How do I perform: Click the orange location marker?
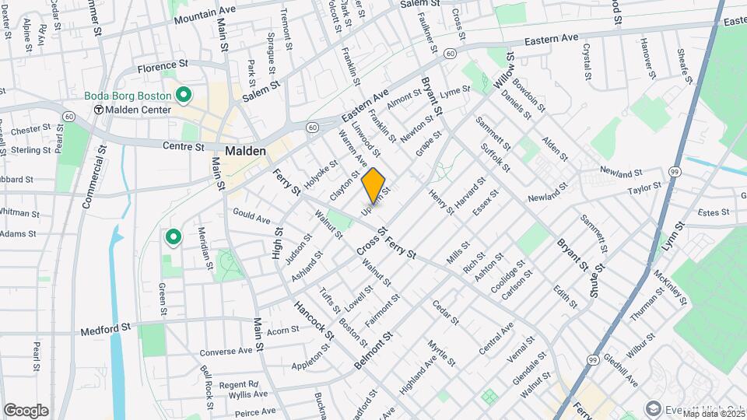[373, 184]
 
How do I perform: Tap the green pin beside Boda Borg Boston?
[184, 96]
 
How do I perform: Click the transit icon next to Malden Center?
[99, 110]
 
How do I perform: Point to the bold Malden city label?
[246, 151]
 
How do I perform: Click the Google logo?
[26, 410]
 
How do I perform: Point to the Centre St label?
[184, 146]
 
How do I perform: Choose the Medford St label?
[105, 331]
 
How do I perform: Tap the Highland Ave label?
[419, 368]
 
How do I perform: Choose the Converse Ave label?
[226, 352]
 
